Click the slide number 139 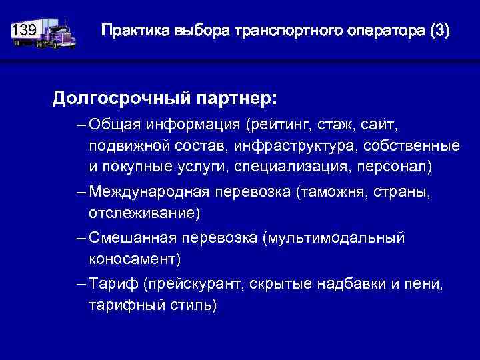[25, 31]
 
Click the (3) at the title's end [440, 31]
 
